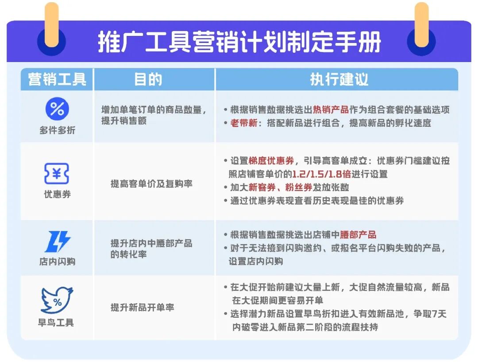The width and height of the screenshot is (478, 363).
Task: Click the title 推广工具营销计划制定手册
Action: pos(239,43)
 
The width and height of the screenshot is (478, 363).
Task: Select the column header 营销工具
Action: pos(57,80)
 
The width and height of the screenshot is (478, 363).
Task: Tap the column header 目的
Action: pos(148,80)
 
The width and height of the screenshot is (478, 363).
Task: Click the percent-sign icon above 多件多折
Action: pos(57,109)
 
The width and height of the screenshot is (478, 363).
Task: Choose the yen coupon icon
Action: pos(57,174)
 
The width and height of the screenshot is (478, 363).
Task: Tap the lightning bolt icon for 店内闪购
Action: pos(57,242)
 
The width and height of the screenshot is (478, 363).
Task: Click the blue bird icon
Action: pos(57,300)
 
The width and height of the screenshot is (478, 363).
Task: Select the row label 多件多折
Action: pos(57,131)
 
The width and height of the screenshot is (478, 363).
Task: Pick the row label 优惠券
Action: pos(57,195)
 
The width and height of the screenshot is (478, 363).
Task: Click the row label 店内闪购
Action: pos(57,262)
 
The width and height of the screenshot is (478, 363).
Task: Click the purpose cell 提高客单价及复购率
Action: pos(151,184)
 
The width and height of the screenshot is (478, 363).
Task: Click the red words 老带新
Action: pos(243,123)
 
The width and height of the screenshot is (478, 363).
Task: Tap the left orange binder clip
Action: pos(52,24)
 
